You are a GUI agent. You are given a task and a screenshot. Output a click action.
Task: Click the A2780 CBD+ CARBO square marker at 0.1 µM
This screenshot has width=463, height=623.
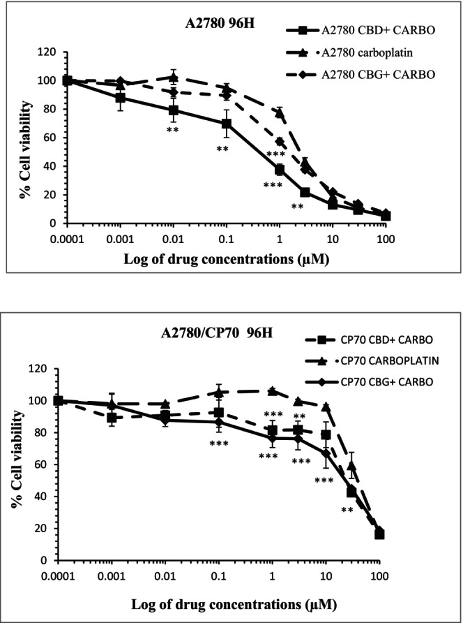click(226, 124)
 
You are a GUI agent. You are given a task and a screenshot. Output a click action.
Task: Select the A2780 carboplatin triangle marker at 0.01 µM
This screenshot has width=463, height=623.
click(174, 77)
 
